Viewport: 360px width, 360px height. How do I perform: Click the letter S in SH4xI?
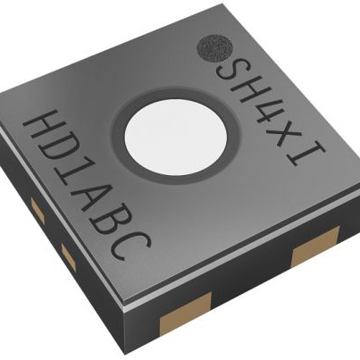[x=230, y=69]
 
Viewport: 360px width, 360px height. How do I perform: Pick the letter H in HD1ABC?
[x=44, y=131]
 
